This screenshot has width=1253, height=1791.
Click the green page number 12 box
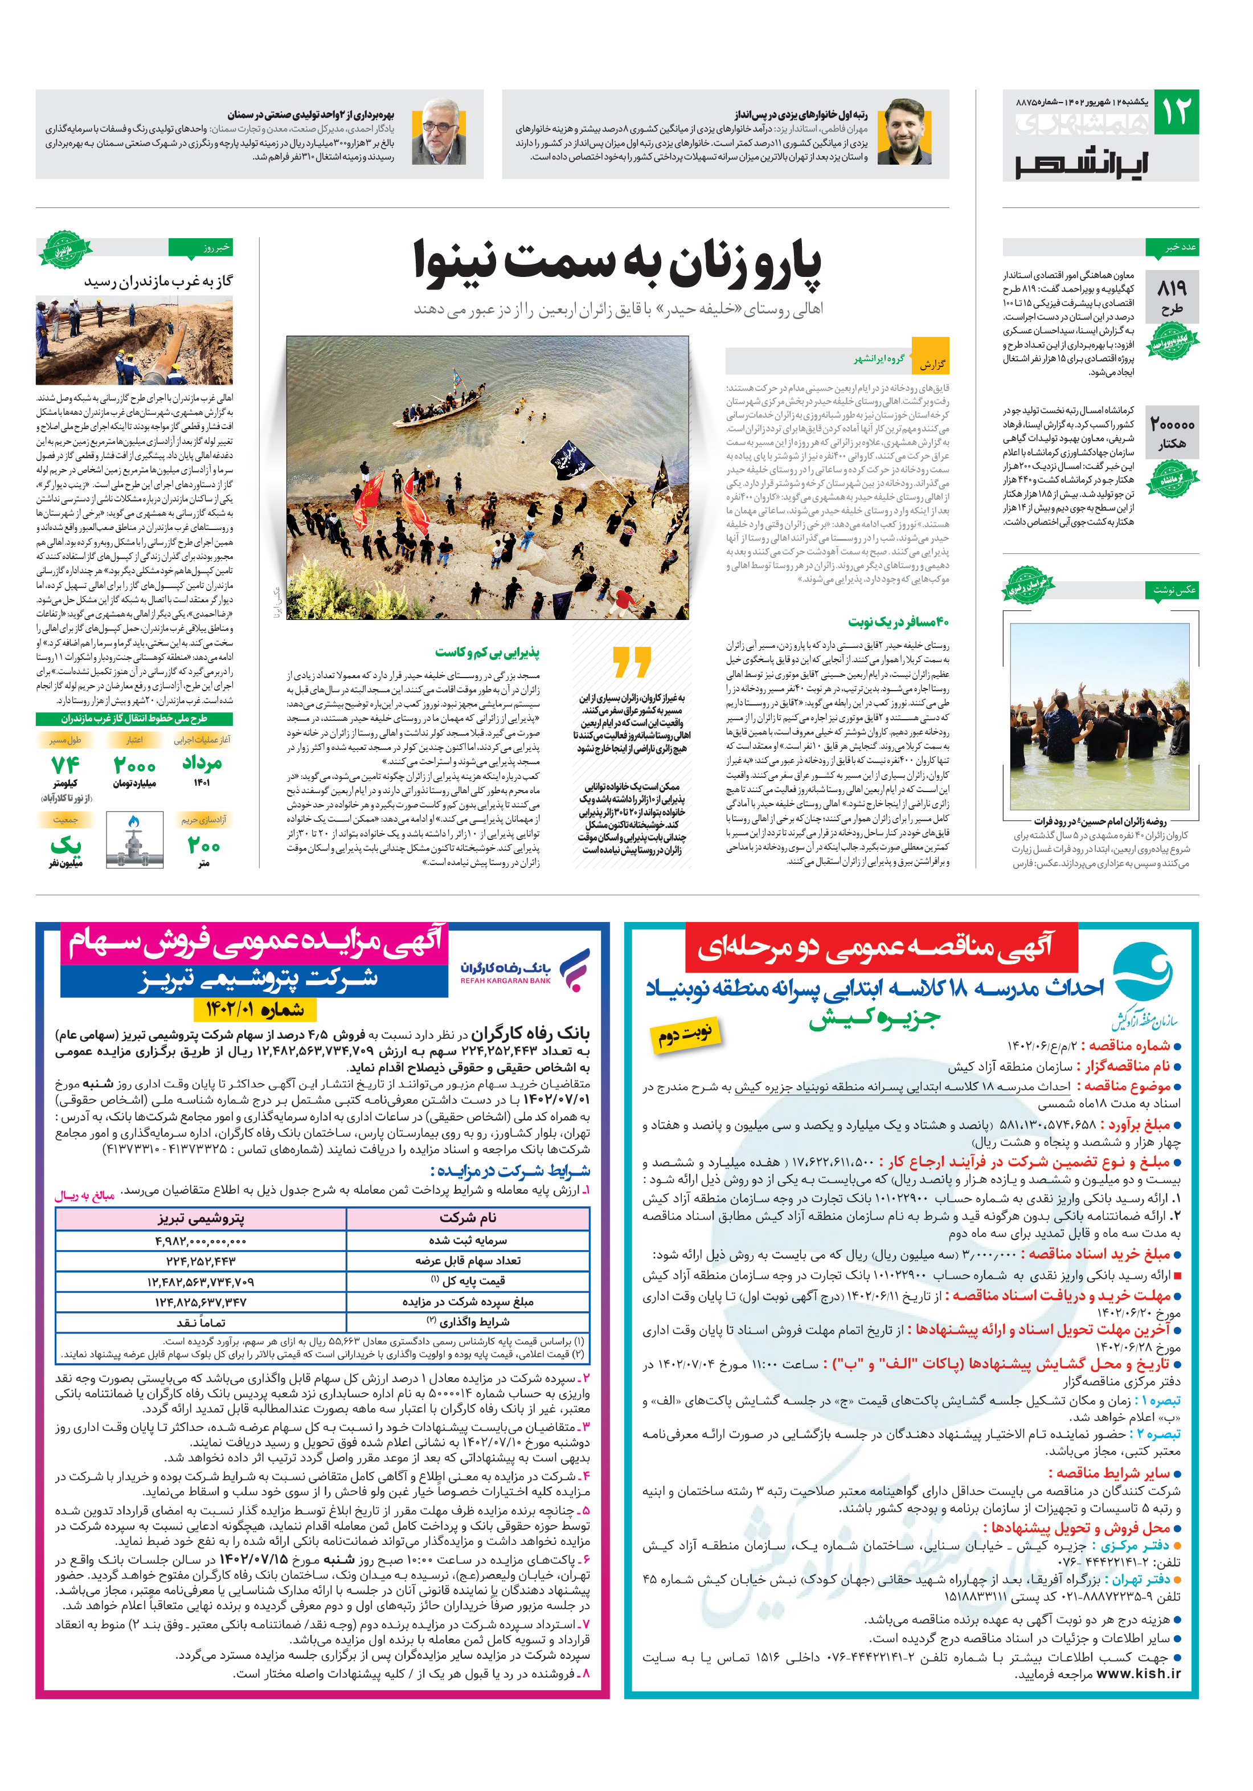click(x=1175, y=112)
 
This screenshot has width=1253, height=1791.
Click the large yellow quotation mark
click(x=631, y=662)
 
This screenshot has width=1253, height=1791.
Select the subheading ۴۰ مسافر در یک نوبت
click(x=898, y=622)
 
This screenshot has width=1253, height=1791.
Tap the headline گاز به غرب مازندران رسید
click(x=158, y=281)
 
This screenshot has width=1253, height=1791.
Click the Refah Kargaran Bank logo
click(x=524, y=970)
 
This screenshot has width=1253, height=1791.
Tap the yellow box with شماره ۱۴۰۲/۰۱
click(x=255, y=1009)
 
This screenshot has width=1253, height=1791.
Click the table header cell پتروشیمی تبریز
click(x=201, y=1218)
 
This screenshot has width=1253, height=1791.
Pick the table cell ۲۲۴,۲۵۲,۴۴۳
click(x=201, y=1260)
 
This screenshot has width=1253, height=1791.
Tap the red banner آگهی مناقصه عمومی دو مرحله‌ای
click(x=879, y=947)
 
